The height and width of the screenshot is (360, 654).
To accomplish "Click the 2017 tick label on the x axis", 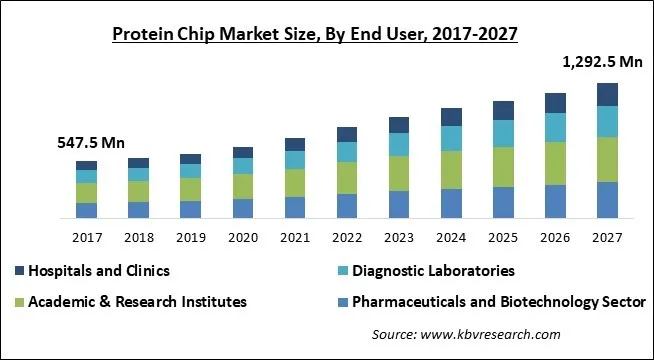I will pyautogui.click(x=86, y=238).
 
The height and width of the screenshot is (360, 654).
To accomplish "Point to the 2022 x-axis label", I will pyautogui.click(x=347, y=238).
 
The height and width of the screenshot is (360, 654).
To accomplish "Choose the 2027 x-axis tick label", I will pyautogui.click(x=607, y=238).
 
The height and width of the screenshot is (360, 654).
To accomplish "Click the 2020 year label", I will pyautogui.click(x=243, y=238).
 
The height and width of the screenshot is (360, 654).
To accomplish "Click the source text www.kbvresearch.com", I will pyautogui.click(x=466, y=334).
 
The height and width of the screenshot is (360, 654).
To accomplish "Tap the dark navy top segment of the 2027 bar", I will pyautogui.click(x=607, y=94).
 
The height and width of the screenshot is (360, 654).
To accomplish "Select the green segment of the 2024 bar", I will pyautogui.click(x=451, y=169).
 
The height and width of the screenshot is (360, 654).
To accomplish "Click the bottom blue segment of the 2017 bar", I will pyautogui.click(x=86, y=210).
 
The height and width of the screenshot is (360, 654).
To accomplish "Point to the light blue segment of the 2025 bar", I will pyautogui.click(x=503, y=133).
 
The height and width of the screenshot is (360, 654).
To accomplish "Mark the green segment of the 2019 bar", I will pyautogui.click(x=190, y=189).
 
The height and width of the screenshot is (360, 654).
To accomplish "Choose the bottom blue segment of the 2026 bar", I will pyautogui.click(x=555, y=201).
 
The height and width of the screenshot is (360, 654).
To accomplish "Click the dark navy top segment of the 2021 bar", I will pyautogui.click(x=295, y=144).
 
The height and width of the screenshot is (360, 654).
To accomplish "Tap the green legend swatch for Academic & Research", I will pyautogui.click(x=20, y=301).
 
